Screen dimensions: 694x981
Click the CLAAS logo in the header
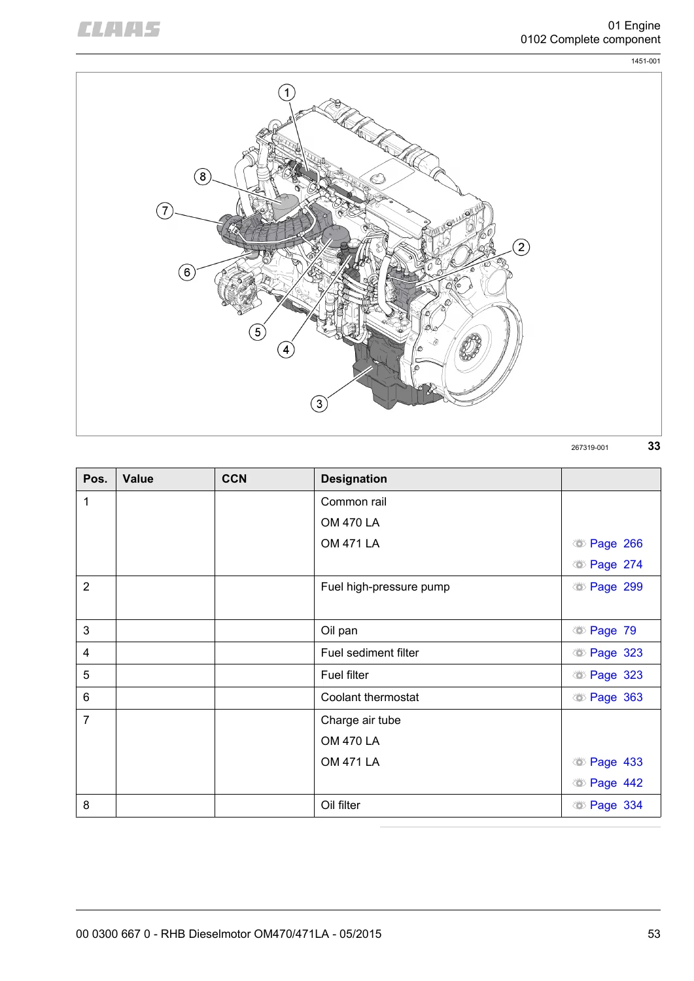[119, 29]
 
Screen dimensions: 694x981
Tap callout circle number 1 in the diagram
[287, 92]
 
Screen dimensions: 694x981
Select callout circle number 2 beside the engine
[521, 247]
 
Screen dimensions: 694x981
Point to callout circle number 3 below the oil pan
[319, 404]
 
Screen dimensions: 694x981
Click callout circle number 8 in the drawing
[203, 177]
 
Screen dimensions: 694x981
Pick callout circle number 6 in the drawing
[187, 272]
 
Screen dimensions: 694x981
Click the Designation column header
[354, 479]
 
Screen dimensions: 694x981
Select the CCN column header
[234, 479]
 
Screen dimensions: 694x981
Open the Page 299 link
[616, 587]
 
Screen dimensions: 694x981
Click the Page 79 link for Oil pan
[613, 630]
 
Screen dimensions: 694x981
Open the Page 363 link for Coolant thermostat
[616, 697]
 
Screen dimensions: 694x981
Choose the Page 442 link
[616, 783]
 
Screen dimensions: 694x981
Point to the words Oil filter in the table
[340, 805]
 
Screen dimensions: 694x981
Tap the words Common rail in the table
[354, 502]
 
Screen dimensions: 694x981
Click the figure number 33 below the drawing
[653, 446]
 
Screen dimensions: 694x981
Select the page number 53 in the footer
[653, 934]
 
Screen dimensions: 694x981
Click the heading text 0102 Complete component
[590, 39]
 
